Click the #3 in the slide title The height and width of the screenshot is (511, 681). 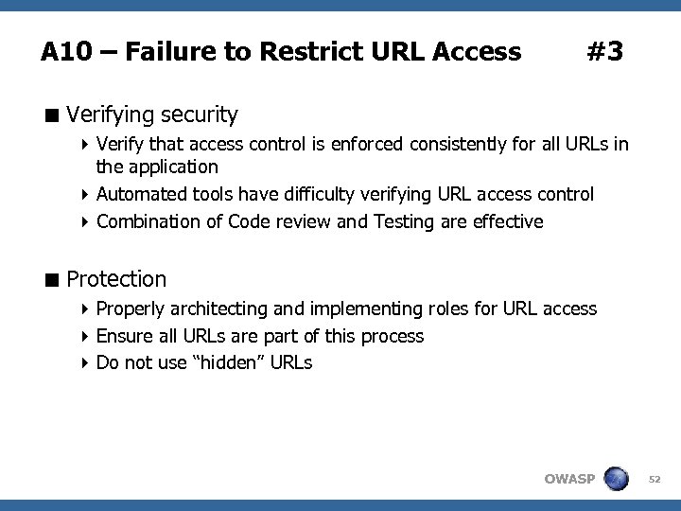click(x=604, y=51)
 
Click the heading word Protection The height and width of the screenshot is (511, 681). click(x=116, y=279)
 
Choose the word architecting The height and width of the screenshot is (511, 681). click(x=218, y=308)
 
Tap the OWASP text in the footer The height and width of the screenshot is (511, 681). click(x=569, y=479)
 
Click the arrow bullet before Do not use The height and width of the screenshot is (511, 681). click(x=87, y=362)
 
